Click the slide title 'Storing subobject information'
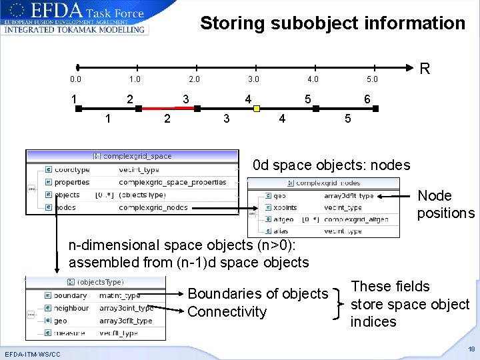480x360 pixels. [x=333, y=23]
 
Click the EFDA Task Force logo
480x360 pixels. [x=75, y=18]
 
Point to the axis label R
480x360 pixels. [x=425, y=69]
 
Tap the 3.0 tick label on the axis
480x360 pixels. [x=253, y=80]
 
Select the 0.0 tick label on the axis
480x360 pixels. [x=75, y=80]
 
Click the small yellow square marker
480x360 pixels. [x=257, y=109]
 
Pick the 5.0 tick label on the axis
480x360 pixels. [x=371, y=80]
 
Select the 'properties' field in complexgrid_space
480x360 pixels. [x=71, y=182]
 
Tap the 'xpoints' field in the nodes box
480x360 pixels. [x=285, y=208]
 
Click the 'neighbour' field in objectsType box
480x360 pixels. [x=71, y=308]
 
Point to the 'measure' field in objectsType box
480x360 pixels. [x=69, y=333]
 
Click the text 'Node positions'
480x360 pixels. [x=445, y=204]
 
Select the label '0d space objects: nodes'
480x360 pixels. [x=331, y=165]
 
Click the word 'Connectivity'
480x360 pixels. [x=227, y=311]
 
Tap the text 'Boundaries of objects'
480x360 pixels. [x=258, y=294]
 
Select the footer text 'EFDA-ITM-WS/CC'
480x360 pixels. [x=32, y=353]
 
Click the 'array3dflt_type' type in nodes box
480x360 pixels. [x=349, y=196]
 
